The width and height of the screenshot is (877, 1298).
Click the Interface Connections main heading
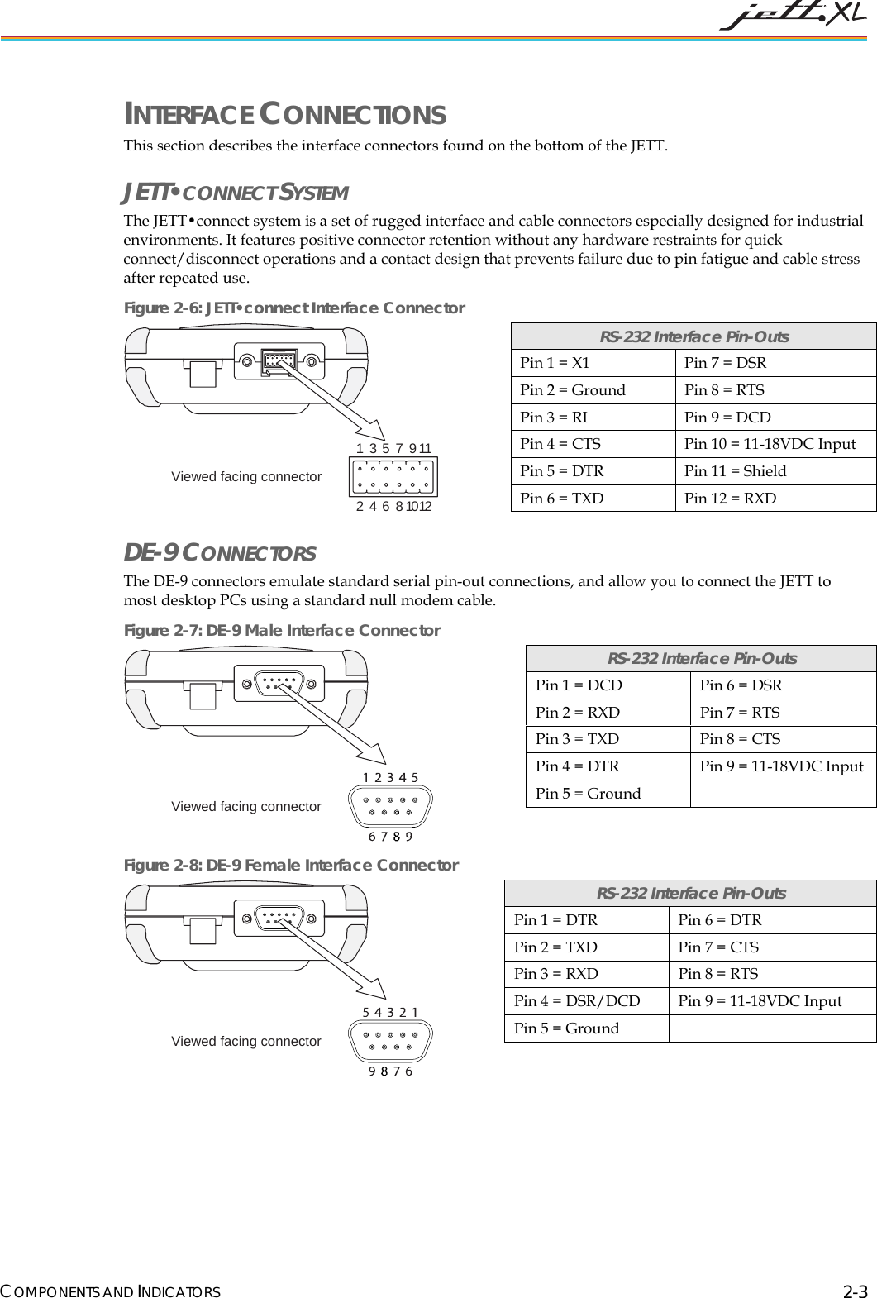(x=285, y=114)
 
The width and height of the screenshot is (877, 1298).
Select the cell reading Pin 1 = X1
(x=593, y=363)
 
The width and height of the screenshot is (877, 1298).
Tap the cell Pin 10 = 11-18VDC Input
(x=775, y=444)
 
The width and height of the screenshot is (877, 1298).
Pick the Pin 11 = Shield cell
(x=775, y=471)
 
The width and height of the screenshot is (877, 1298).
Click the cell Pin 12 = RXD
(x=775, y=498)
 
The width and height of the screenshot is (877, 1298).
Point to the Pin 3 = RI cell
(x=593, y=417)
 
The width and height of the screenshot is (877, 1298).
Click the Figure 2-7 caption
(x=282, y=631)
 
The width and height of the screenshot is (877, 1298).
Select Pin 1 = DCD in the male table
(x=608, y=685)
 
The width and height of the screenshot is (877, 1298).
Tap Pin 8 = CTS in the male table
(x=782, y=739)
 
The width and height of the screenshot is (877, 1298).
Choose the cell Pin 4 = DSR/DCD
(x=586, y=1001)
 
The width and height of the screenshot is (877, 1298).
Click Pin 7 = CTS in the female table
(x=771, y=947)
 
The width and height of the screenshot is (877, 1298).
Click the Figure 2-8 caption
(x=291, y=866)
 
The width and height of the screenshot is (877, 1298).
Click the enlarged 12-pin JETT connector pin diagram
(x=394, y=477)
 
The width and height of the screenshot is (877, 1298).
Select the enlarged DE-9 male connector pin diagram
(x=391, y=806)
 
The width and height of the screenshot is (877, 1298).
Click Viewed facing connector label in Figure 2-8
(x=246, y=1042)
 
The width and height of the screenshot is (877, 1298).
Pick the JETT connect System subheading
(x=236, y=193)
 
